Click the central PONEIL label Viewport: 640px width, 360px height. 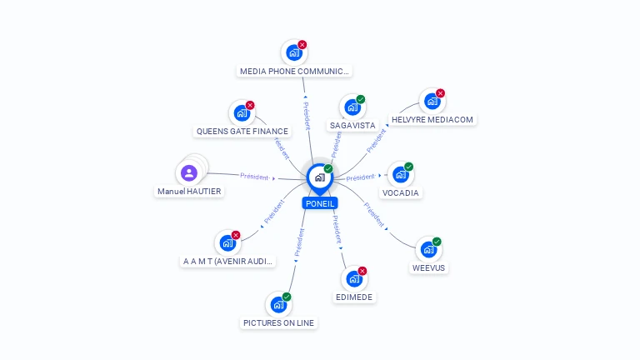tap(320, 203)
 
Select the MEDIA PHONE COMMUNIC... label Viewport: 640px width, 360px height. tap(294, 72)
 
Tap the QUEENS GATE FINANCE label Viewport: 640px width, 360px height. tap(242, 132)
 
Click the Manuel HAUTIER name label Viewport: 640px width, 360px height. tap(189, 192)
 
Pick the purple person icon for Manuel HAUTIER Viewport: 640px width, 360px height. tap(189, 173)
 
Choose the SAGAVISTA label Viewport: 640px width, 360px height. tap(352, 126)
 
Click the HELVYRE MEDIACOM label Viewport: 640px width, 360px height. tap(432, 120)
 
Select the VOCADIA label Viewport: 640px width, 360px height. tap(401, 193)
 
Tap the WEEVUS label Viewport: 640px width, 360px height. tap(428, 268)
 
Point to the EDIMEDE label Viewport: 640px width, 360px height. tap(355, 297)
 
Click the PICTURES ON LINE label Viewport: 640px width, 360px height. tap(279, 322)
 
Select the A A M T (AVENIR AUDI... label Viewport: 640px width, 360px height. tap(227, 262)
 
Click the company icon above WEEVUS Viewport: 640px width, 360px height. tap(427, 249)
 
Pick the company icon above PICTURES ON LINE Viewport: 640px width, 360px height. tap(277, 304)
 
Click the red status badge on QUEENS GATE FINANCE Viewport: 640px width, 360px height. tap(250, 105)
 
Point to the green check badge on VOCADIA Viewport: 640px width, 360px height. tap(409, 167)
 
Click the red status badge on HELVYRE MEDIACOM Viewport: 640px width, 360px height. tap(441, 93)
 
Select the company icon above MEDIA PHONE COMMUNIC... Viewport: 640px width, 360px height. tap(292, 52)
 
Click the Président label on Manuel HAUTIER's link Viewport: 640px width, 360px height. tap(254, 177)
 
